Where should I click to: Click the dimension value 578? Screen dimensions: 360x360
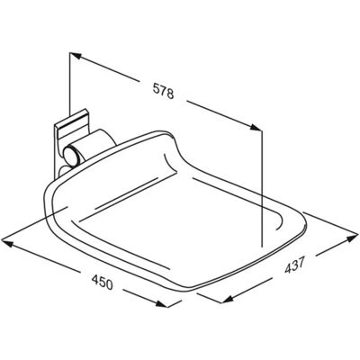click(x=164, y=91)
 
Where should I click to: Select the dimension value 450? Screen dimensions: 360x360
click(x=103, y=283)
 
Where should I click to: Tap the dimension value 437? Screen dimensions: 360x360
click(x=295, y=265)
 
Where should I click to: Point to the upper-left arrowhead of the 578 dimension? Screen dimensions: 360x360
click(x=76, y=56)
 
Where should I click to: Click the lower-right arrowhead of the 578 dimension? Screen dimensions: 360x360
click(x=256, y=127)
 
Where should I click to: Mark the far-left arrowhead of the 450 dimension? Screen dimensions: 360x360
click(x=7, y=243)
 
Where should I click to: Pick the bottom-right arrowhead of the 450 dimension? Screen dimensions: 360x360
click(x=162, y=303)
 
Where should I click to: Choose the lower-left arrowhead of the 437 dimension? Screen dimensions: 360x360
click(x=227, y=299)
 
